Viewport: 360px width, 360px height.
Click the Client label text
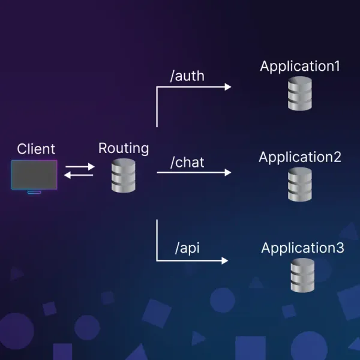coord(36,149)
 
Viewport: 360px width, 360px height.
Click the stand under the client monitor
coord(34,192)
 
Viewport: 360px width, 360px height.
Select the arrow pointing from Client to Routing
coord(79,167)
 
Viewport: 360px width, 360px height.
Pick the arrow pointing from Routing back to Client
coord(79,175)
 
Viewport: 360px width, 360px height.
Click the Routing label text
coord(124,148)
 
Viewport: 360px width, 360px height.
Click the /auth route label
coord(187,76)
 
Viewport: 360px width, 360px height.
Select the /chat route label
coord(187,162)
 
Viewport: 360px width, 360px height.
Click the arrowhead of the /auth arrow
coord(227,87)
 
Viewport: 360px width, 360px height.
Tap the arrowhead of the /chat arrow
coord(227,172)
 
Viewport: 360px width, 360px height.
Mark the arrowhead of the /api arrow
coord(225,260)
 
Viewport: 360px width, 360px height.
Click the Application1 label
coord(300,66)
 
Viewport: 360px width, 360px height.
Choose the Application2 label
coord(300,157)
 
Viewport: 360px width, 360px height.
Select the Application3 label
coord(303,248)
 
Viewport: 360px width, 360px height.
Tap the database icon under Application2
coord(300,184)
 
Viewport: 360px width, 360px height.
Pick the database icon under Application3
coord(303,276)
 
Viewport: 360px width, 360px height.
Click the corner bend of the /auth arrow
coord(157,88)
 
